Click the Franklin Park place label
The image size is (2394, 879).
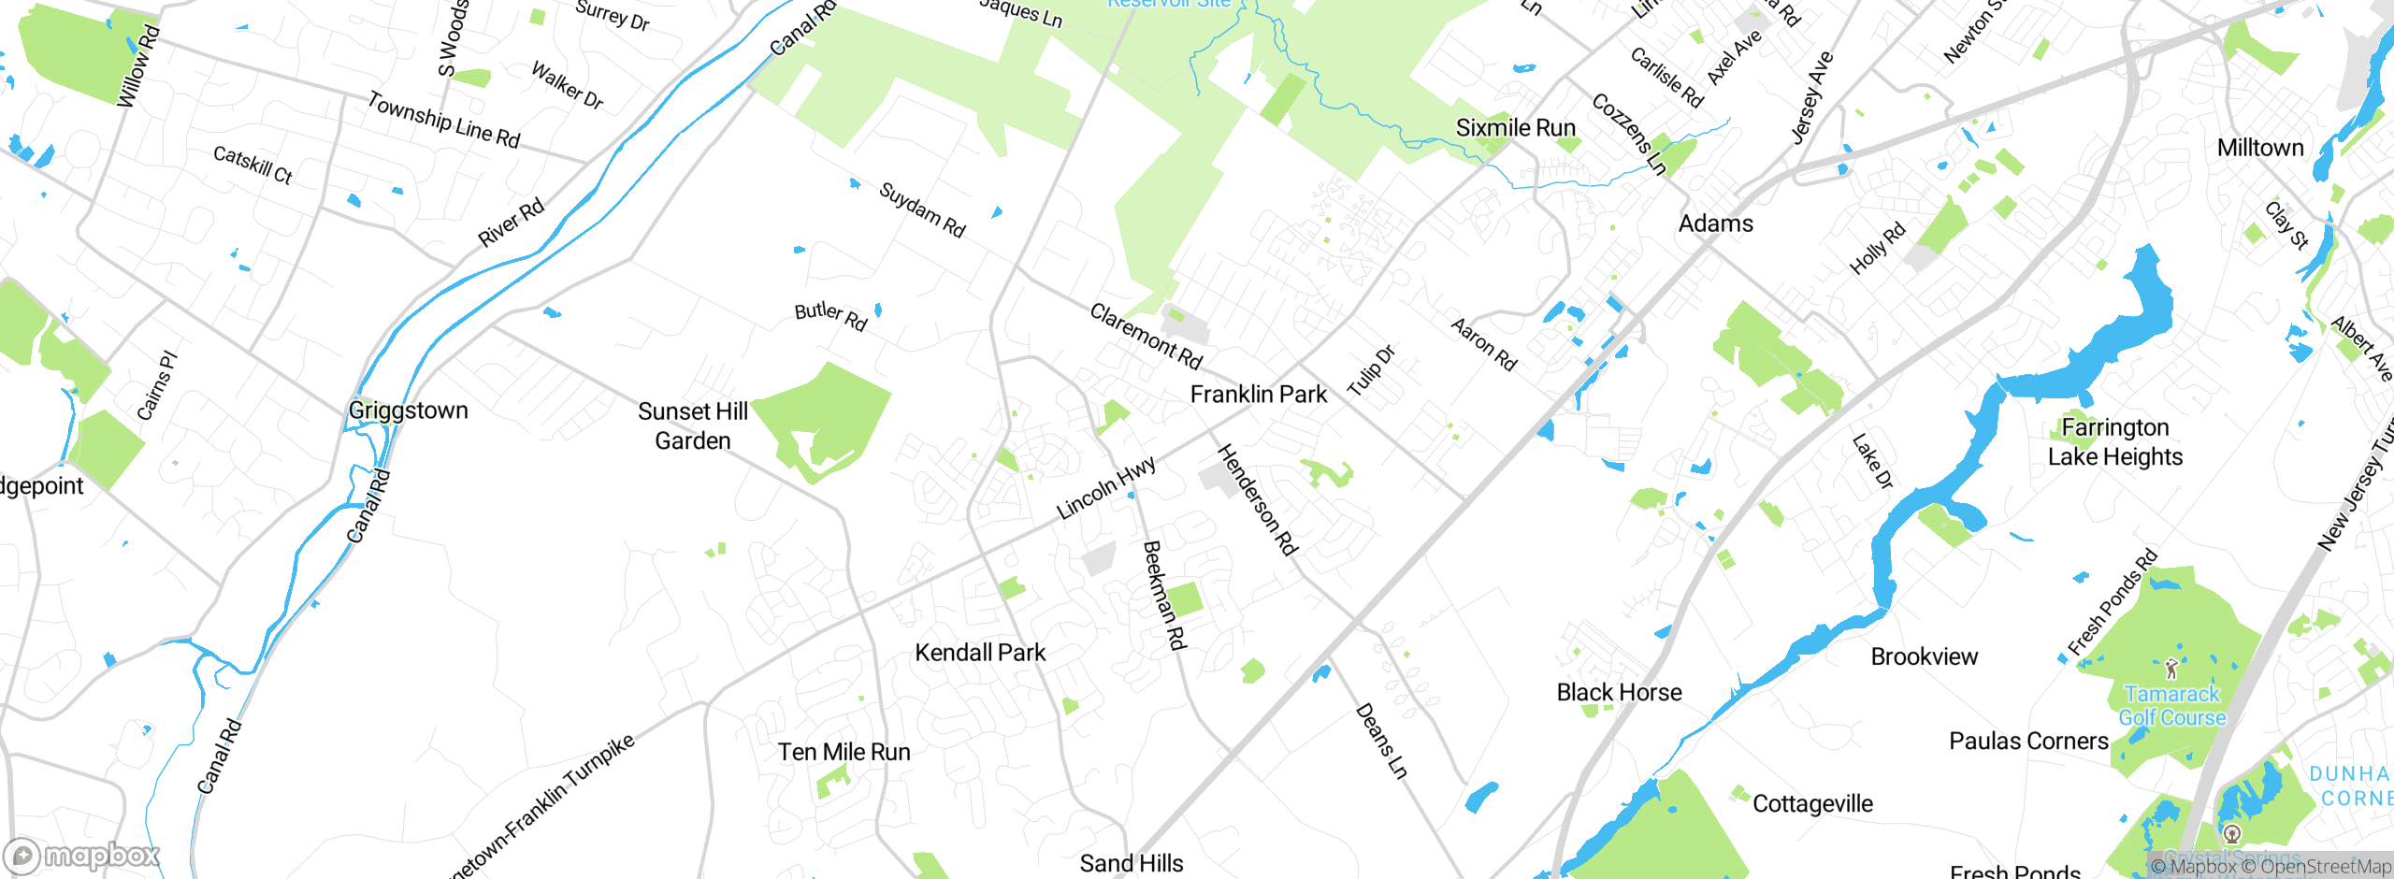point(1258,395)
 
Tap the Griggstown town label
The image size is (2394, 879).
point(408,411)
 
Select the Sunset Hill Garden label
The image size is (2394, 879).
point(693,425)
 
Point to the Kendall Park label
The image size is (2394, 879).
point(980,653)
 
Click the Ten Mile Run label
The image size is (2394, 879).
point(844,752)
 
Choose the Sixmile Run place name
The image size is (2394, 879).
point(1515,128)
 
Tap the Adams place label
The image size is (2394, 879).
point(1715,223)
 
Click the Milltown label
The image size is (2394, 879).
point(2259,148)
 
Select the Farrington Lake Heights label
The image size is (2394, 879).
point(2114,442)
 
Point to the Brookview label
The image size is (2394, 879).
point(1924,656)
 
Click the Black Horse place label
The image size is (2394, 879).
point(1619,692)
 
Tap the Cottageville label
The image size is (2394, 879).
point(1812,804)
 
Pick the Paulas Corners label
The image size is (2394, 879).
point(2028,742)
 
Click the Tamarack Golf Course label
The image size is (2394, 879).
point(2171,706)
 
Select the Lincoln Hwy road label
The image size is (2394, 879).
point(1106,488)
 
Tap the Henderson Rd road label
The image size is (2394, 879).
point(1258,500)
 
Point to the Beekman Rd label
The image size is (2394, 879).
point(1164,596)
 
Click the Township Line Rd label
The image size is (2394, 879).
point(443,120)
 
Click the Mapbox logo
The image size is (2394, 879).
point(81,856)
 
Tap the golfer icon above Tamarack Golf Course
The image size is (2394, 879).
point(2171,669)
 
